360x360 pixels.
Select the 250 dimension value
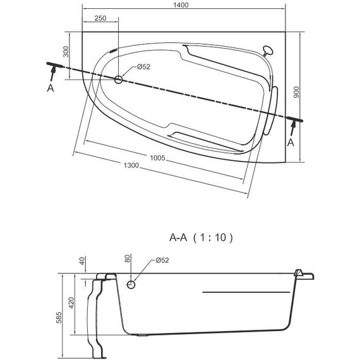99,19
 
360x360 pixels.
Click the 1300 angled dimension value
131,165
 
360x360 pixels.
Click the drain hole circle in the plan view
119,79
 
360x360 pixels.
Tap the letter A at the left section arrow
51,89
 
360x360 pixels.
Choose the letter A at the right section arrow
291,143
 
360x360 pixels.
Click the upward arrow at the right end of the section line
293,126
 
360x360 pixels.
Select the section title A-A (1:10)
201,238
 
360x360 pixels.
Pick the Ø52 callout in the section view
161,261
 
